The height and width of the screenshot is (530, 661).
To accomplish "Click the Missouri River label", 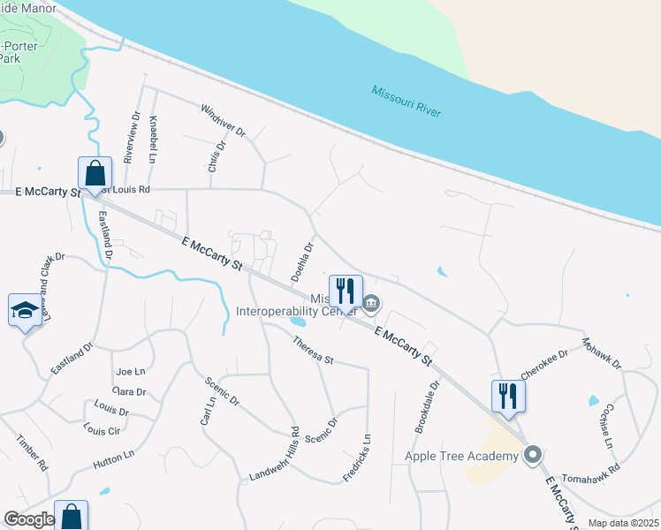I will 406,102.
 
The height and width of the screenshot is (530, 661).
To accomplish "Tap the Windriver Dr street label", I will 223,122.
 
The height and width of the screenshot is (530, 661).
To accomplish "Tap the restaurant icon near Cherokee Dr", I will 508,394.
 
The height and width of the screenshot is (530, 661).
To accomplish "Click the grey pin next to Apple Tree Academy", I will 532,456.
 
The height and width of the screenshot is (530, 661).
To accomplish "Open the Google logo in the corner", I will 29,519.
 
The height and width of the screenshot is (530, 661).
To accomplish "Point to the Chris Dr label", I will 217,156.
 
